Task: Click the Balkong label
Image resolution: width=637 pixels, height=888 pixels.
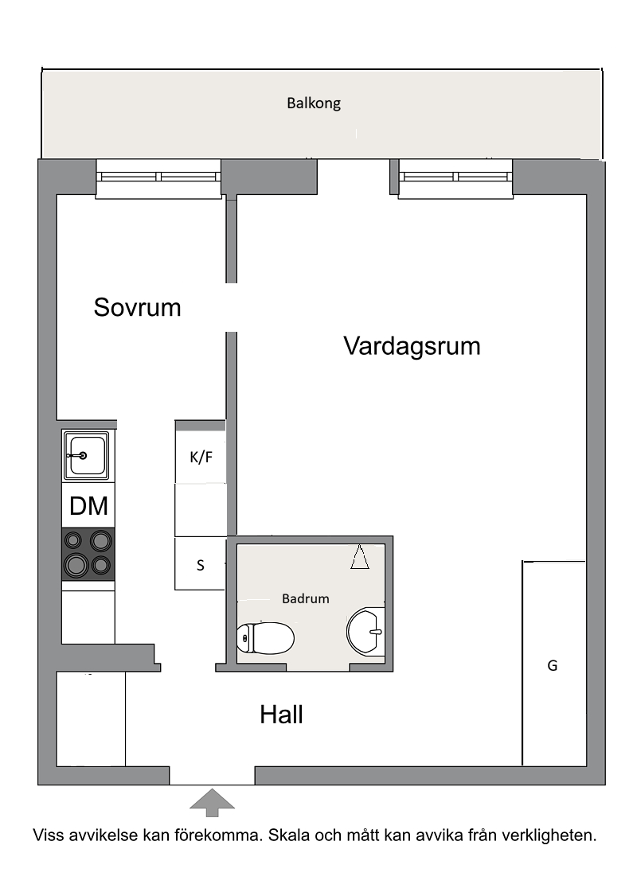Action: coord(314,103)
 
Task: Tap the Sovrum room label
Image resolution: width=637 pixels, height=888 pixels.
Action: coord(137,307)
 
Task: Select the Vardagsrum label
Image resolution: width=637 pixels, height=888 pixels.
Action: coord(412,346)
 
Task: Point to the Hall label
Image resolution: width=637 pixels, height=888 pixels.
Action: coord(281,715)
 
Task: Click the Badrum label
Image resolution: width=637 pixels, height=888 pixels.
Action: coord(306,598)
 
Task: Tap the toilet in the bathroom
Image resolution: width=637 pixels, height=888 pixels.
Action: coord(265,638)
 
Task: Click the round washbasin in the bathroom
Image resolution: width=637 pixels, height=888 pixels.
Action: coord(365,632)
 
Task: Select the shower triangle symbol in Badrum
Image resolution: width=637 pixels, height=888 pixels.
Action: coord(359,557)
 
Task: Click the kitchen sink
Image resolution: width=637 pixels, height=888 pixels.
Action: coord(86,455)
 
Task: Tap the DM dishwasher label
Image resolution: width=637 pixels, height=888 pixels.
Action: coord(88,506)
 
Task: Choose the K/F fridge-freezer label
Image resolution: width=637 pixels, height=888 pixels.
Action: coord(201,457)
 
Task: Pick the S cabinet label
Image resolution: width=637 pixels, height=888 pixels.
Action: coord(200,565)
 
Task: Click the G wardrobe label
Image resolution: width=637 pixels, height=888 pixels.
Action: coord(552,665)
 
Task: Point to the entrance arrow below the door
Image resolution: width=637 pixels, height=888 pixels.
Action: coord(212,803)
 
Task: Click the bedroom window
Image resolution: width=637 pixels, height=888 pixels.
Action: coord(158,177)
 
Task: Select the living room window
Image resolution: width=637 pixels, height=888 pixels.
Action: coord(455,177)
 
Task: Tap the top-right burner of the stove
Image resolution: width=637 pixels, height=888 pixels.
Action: coord(101,541)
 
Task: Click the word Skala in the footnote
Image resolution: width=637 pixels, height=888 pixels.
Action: coord(288,835)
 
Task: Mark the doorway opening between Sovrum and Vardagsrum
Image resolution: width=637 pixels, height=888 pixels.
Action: coord(231,307)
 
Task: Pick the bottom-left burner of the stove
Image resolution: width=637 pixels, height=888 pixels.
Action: coord(76,565)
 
